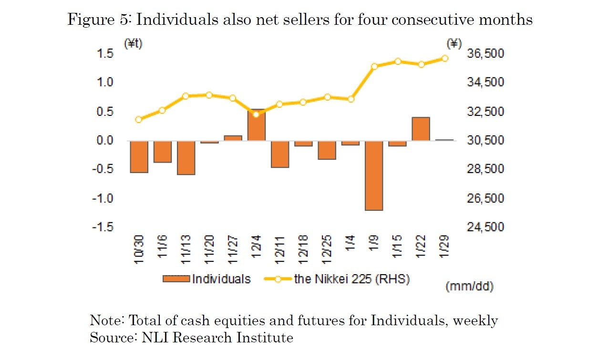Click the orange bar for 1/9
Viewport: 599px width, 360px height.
click(x=374, y=175)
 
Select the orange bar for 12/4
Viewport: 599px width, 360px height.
click(x=256, y=125)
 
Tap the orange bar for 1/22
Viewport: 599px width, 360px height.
click(x=421, y=129)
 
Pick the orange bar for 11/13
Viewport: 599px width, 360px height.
click(x=186, y=157)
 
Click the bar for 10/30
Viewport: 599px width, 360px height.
click(x=139, y=156)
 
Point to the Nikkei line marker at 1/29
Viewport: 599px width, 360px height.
click(x=444, y=58)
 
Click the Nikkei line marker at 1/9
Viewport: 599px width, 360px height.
click(x=374, y=66)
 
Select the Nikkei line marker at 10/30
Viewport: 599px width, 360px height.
click(x=139, y=120)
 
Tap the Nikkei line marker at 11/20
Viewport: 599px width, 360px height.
click(x=209, y=95)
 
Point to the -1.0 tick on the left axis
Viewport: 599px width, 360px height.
click(x=103, y=198)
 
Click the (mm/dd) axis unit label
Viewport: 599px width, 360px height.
click(x=469, y=287)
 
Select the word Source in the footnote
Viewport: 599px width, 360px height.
click(x=113, y=338)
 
